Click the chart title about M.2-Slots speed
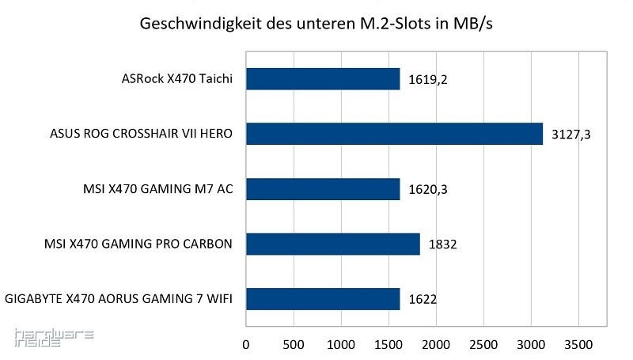coord(316,24)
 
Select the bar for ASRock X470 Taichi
coord(323,78)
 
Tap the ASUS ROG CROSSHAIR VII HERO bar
coord(394,134)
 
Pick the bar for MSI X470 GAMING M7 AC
coord(323,189)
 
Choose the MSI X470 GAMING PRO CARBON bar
coord(332,244)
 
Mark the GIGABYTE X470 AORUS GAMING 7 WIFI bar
coord(323,299)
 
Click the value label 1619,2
coord(428,79)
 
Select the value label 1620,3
coord(428,190)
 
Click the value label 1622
coord(423,300)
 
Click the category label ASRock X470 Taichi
coord(177,78)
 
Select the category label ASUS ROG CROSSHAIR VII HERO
coord(141,134)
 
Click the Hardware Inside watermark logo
coord(54,338)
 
